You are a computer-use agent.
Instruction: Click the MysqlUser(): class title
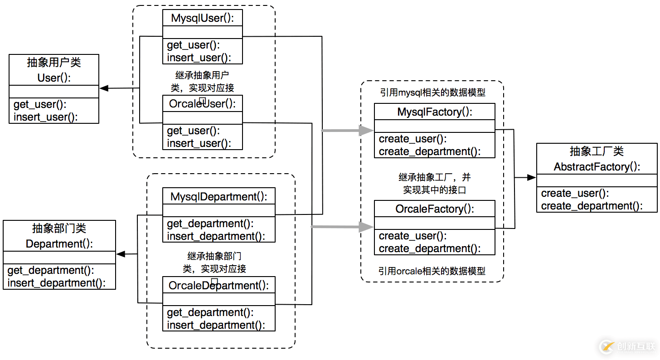point(202,18)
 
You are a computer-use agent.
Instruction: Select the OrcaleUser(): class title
point(202,104)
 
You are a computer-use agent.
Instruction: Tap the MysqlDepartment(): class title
point(218,197)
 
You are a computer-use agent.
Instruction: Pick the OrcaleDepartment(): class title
point(218,286)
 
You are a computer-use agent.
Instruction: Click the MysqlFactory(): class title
point(434,112)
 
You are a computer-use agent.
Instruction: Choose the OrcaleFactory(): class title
point(434,209)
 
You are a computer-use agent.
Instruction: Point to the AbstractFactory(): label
point(597,167)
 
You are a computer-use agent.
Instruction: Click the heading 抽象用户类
point(54,63)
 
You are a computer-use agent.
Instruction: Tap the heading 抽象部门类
point(59,228)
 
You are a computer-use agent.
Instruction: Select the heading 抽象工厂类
point(597,151)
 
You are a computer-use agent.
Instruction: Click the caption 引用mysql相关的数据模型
point(432,92)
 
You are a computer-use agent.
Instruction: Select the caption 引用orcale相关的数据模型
point(432,271)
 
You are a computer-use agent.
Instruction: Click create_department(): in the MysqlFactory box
point(430,151)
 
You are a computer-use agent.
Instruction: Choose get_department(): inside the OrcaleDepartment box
point(210,312)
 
